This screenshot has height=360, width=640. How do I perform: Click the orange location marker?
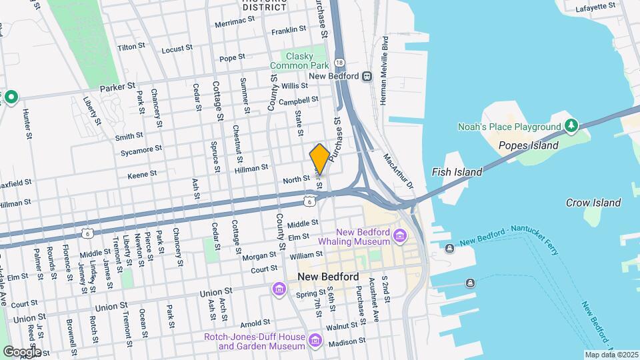point(319,159)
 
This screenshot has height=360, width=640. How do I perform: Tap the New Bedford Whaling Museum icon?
point(399,235)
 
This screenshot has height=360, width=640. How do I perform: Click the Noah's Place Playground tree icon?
point(571,126)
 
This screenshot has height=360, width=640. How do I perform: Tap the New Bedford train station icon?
point(367,77)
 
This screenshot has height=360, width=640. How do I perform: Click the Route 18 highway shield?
point(340,62)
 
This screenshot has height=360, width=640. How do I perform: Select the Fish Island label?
point(457,172)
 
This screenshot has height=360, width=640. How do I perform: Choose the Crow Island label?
point(593,203)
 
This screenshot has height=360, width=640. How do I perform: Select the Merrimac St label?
point(235,23)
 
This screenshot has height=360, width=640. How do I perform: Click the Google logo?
point(22,351)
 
